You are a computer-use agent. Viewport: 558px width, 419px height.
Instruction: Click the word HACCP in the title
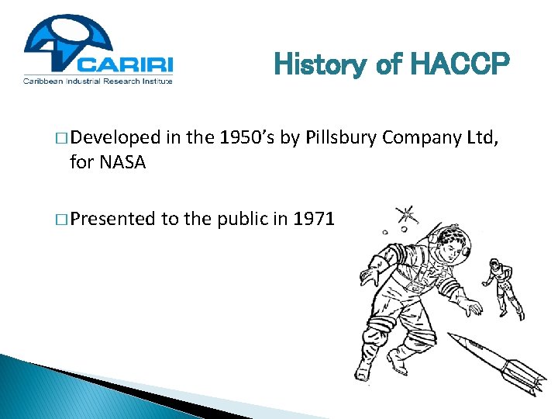tap(459, 64)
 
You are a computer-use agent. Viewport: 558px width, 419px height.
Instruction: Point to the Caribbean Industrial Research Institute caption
tap(98, 80)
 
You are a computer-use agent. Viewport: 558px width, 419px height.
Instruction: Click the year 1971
tap(314, 220)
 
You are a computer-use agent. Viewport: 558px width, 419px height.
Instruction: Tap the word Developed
tap(114, 140)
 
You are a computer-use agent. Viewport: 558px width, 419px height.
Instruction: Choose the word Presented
tap(112, 220)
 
